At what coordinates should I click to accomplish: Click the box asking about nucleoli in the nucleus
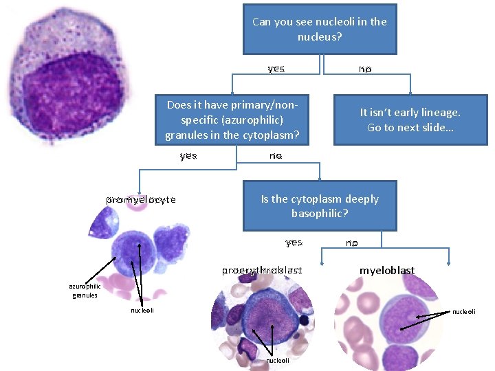coord(320,28)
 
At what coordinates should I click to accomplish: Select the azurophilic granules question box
coord(232,120)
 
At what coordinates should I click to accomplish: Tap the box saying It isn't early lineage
coord(410,120)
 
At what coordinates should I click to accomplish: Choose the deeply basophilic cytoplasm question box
coord(320,205)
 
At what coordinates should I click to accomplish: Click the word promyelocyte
coord(141,200)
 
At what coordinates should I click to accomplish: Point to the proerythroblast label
coord(262,271)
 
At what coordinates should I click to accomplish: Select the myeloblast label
coord(387,271)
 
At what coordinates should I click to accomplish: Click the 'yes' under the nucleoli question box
coord(276,69)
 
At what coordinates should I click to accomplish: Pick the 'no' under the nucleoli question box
coord(364,69)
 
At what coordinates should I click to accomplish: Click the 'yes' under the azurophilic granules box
coord(188,156)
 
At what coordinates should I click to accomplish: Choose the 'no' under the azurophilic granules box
coord(276,156)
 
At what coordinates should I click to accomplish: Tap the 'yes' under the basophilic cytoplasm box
coord(294,243)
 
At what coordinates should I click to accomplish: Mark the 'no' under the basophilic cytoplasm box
coord(351,243)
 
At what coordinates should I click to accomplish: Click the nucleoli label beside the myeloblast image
coord(463,312)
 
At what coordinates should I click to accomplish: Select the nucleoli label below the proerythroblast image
coord(278,361)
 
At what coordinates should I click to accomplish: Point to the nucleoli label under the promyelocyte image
coord(143,311)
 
